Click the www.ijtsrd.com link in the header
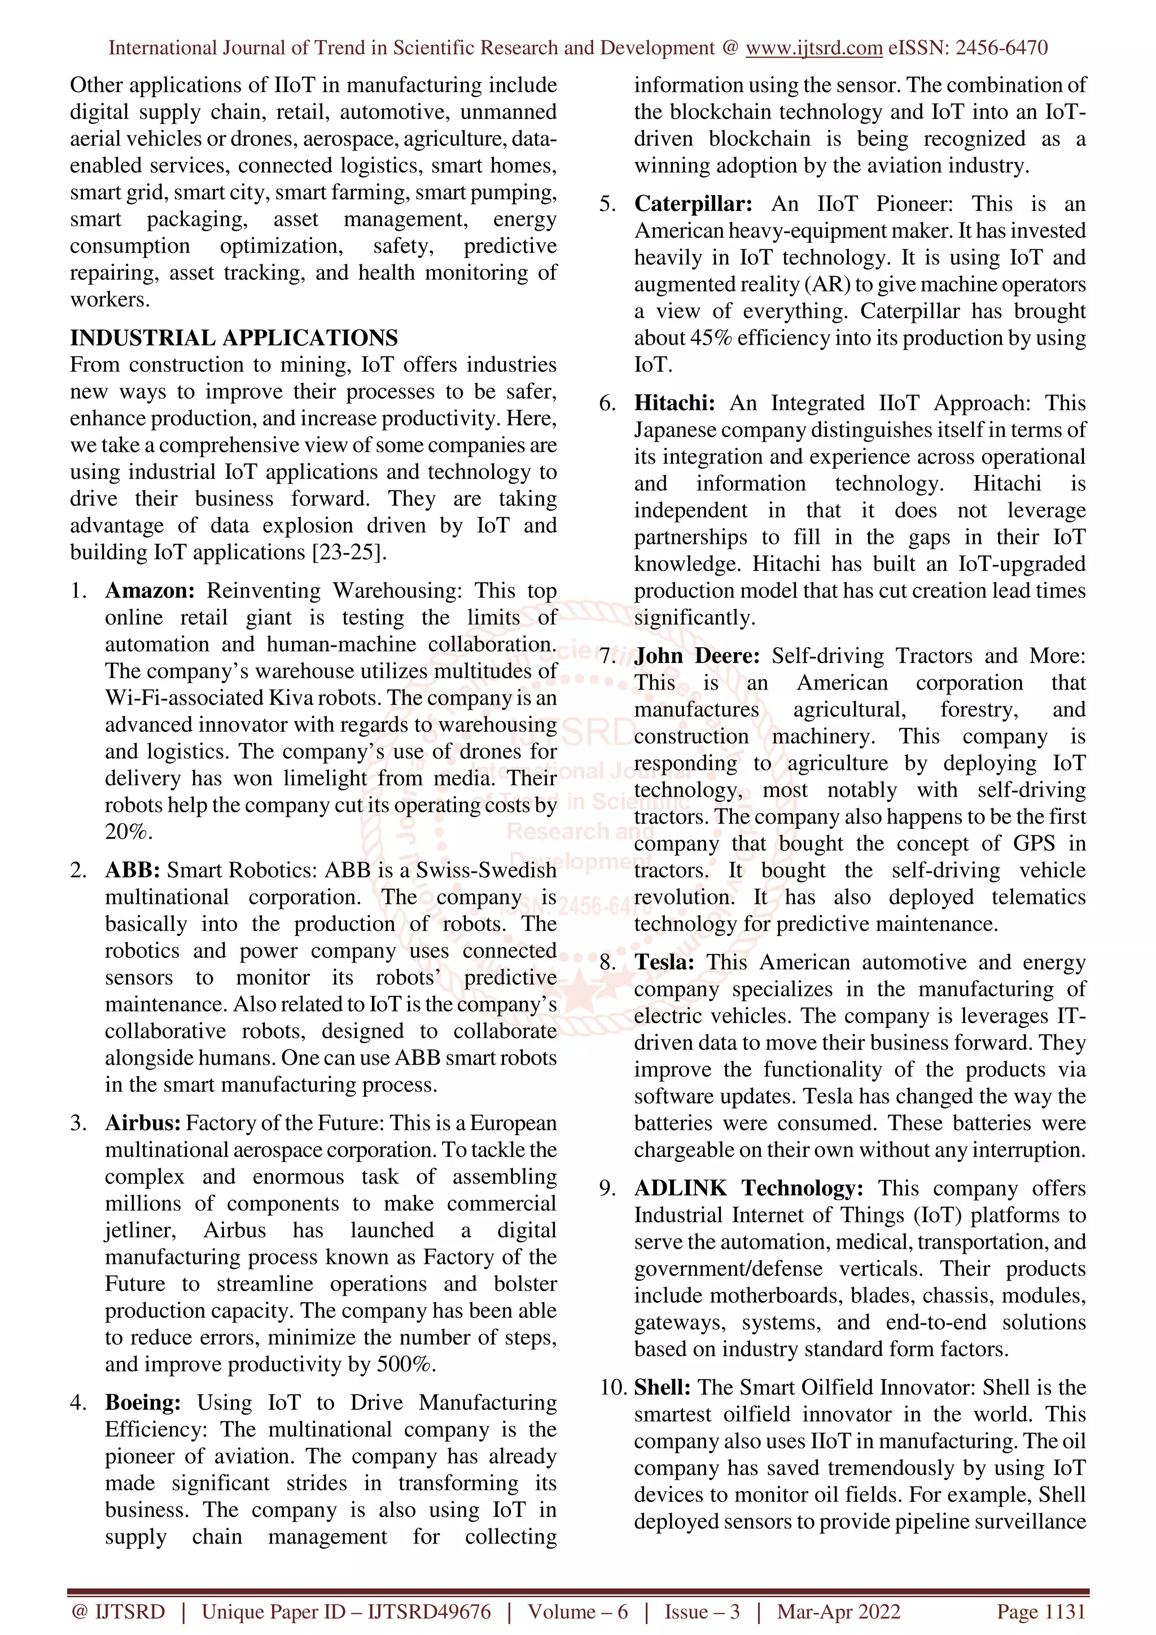coord(813,48)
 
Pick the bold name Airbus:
coord(142,1123)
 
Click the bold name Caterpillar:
coord(693,204)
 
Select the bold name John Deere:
coord(697,656)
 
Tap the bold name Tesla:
coord(664,962)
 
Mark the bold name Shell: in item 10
coord(662,1387)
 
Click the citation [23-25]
coord(349,552)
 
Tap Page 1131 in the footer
coord(1041,1611)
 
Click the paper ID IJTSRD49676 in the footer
coord(429,1611)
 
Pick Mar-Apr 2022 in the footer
coord(838,1611)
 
